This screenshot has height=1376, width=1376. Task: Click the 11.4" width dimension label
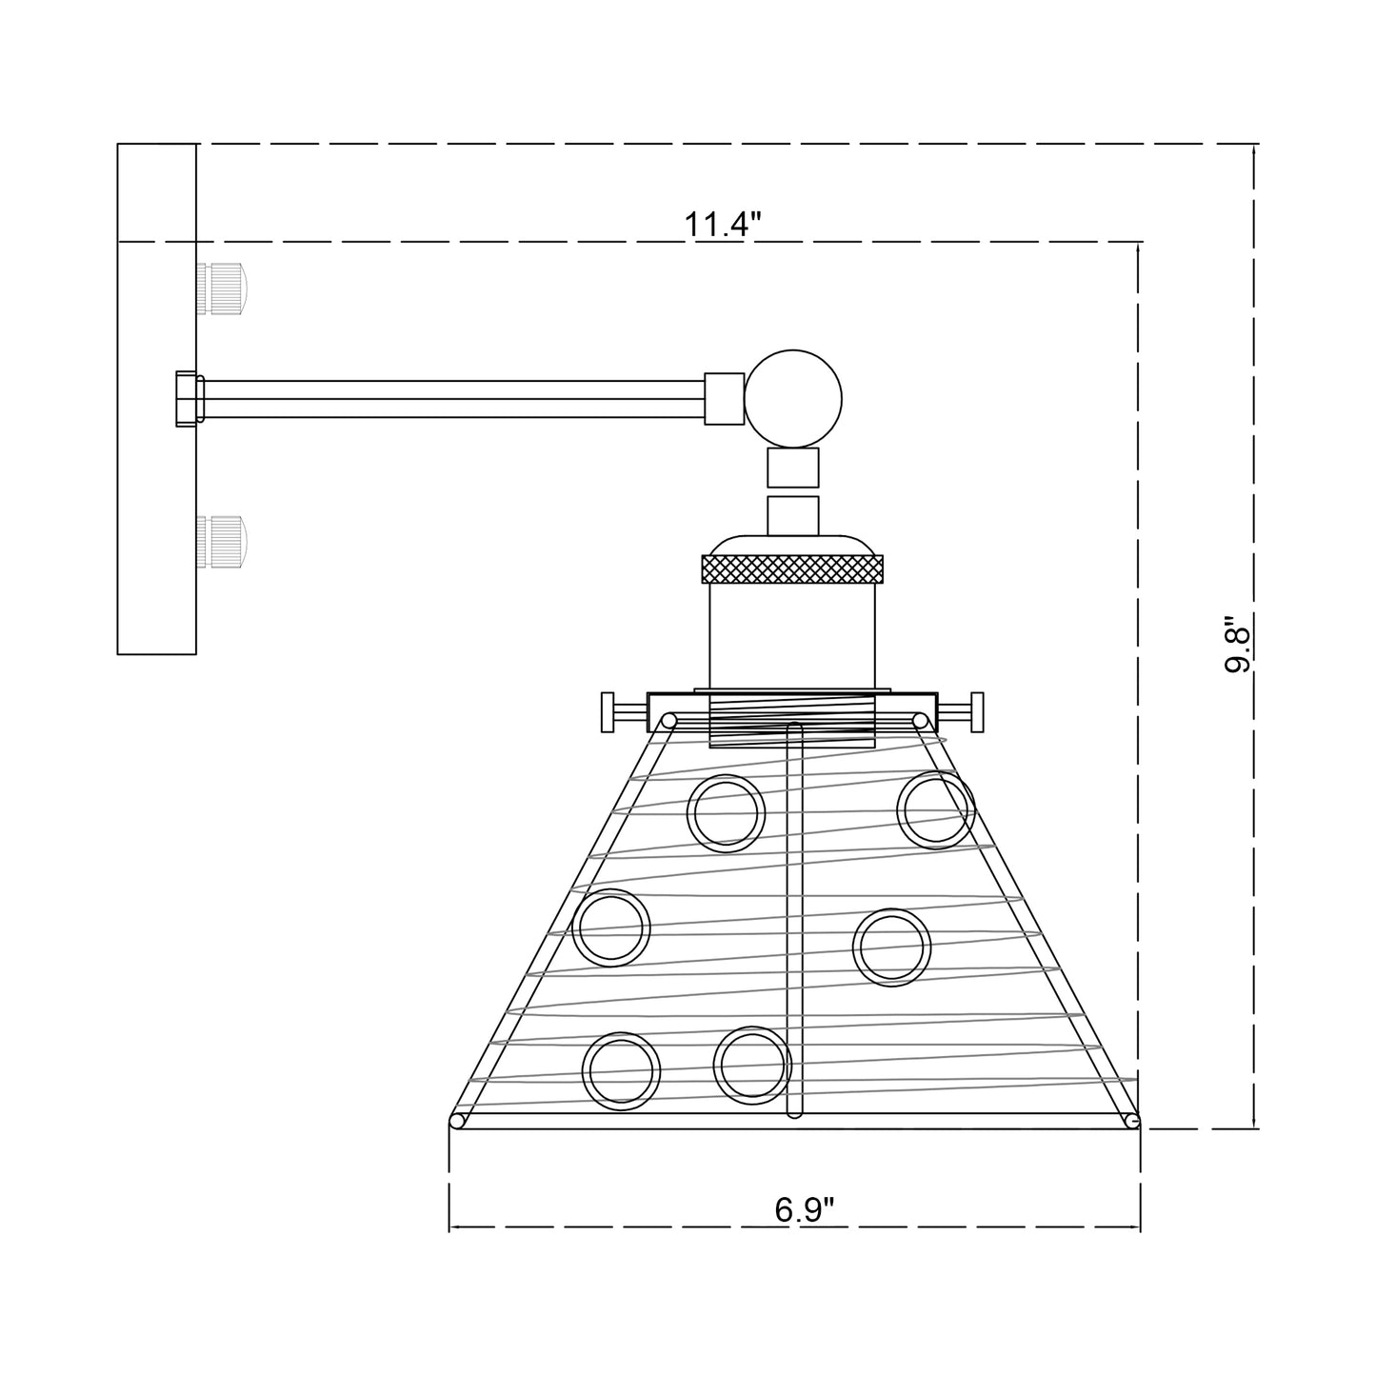[724, 224]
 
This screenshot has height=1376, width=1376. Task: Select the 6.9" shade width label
[805, 1209]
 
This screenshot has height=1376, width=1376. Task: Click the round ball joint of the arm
[792, 398]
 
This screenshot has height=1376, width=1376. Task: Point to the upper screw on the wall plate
[222, 289]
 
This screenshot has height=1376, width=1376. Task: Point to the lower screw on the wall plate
[222, 542]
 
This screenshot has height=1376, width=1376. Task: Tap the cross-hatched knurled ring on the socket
[792, 569]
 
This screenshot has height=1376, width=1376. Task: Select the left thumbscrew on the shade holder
[625, 712]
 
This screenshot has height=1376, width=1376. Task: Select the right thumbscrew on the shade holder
[961, 712]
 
